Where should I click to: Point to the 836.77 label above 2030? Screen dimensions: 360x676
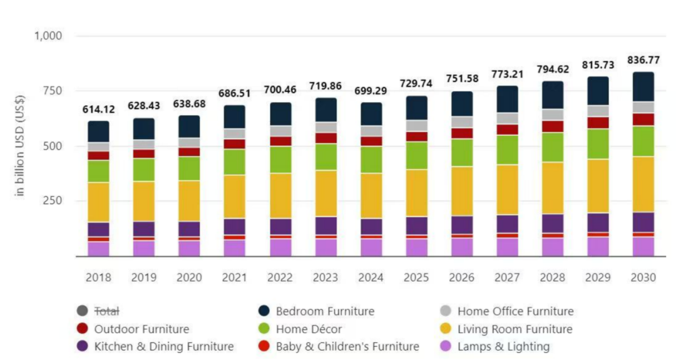click(x=635, y=60)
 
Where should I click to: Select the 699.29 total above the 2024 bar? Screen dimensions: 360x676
click(x=371, y=91)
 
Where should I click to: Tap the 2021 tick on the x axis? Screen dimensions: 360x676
click(x=234, y=277)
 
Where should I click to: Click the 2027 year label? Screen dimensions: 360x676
click(x=507, y=277)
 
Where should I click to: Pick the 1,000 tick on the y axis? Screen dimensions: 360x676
click(x=48, y=36)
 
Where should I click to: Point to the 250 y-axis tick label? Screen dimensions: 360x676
click(x=52, y=201)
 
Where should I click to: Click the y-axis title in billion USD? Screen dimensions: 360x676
click(x=20, y=146)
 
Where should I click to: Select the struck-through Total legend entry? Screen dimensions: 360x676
click(x=106, y=311)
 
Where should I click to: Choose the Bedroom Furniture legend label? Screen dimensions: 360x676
click(x=325, y=311)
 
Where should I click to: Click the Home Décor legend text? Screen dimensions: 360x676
click(x=309, y=329)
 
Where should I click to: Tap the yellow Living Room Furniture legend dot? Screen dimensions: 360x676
click(x=446, y=329)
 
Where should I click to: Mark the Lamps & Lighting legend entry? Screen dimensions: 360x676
click(x=503, y=346)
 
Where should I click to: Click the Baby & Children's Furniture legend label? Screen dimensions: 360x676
click(x=347, y=346)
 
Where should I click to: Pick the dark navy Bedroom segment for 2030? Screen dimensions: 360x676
click(x=635, y=86)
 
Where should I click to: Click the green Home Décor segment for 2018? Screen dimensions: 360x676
click(x=98, y=171)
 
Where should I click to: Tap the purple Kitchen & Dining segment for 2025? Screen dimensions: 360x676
click(x=416, y=225)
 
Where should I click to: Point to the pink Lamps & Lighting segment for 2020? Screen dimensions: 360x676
click(x=189, y=249)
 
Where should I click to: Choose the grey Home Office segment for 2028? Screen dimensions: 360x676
click(x=553, y=114)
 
